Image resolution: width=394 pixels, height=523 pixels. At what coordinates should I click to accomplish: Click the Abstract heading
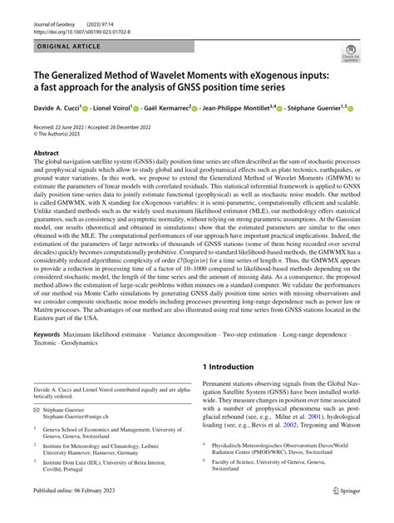46,154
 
